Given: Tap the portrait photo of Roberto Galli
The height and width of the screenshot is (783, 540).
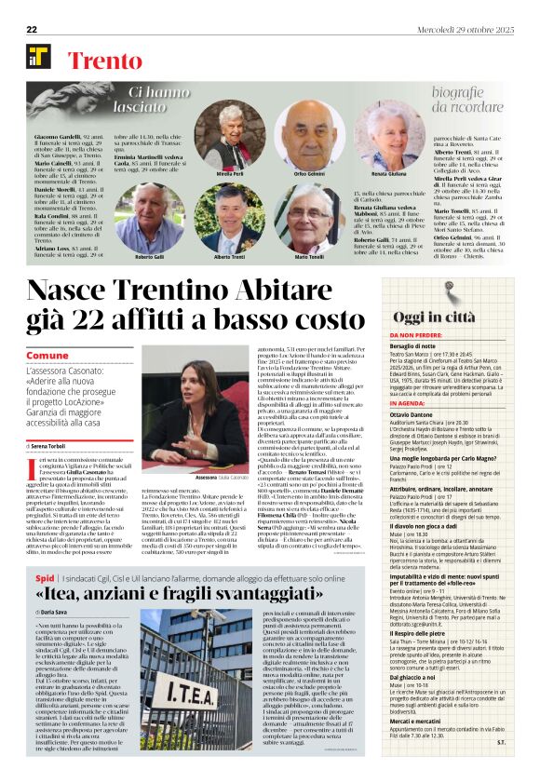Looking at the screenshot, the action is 150,214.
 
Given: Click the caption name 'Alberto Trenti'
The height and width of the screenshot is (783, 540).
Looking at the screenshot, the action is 229,255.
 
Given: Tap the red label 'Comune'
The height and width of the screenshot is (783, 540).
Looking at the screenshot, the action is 47,357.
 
